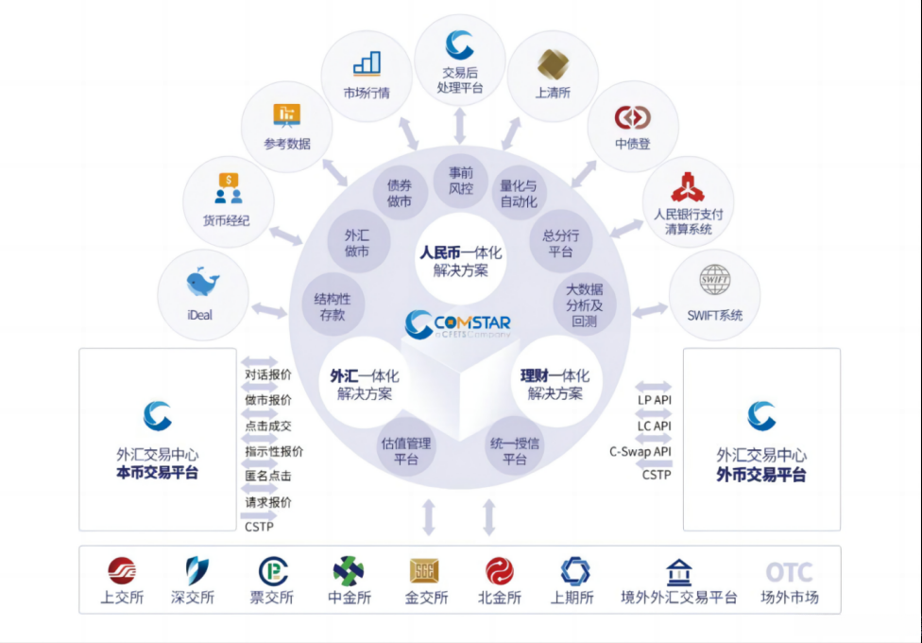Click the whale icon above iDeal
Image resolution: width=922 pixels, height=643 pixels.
[x=202, y=283]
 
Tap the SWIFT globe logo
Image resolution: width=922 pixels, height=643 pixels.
[x=714, y=281]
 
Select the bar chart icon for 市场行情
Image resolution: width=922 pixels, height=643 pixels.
[x=367, y=63]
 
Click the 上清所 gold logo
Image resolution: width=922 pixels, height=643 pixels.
[x=553, y=63]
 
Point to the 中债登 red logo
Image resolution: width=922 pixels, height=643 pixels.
[x=632, y=117]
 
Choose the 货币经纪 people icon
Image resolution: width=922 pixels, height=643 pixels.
[x=228, y=188]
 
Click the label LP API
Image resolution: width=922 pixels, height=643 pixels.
[x=654, y=400]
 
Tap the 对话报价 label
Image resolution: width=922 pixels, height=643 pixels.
[x=268, y=374]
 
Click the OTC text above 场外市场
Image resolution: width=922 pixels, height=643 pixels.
[x=789, y=572]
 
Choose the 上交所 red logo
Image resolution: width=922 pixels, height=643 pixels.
[x=121, y=571]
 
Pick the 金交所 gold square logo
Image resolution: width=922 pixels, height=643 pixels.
[x=424, y=571]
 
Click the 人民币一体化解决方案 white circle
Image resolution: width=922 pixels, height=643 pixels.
[x=461, y=252]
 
